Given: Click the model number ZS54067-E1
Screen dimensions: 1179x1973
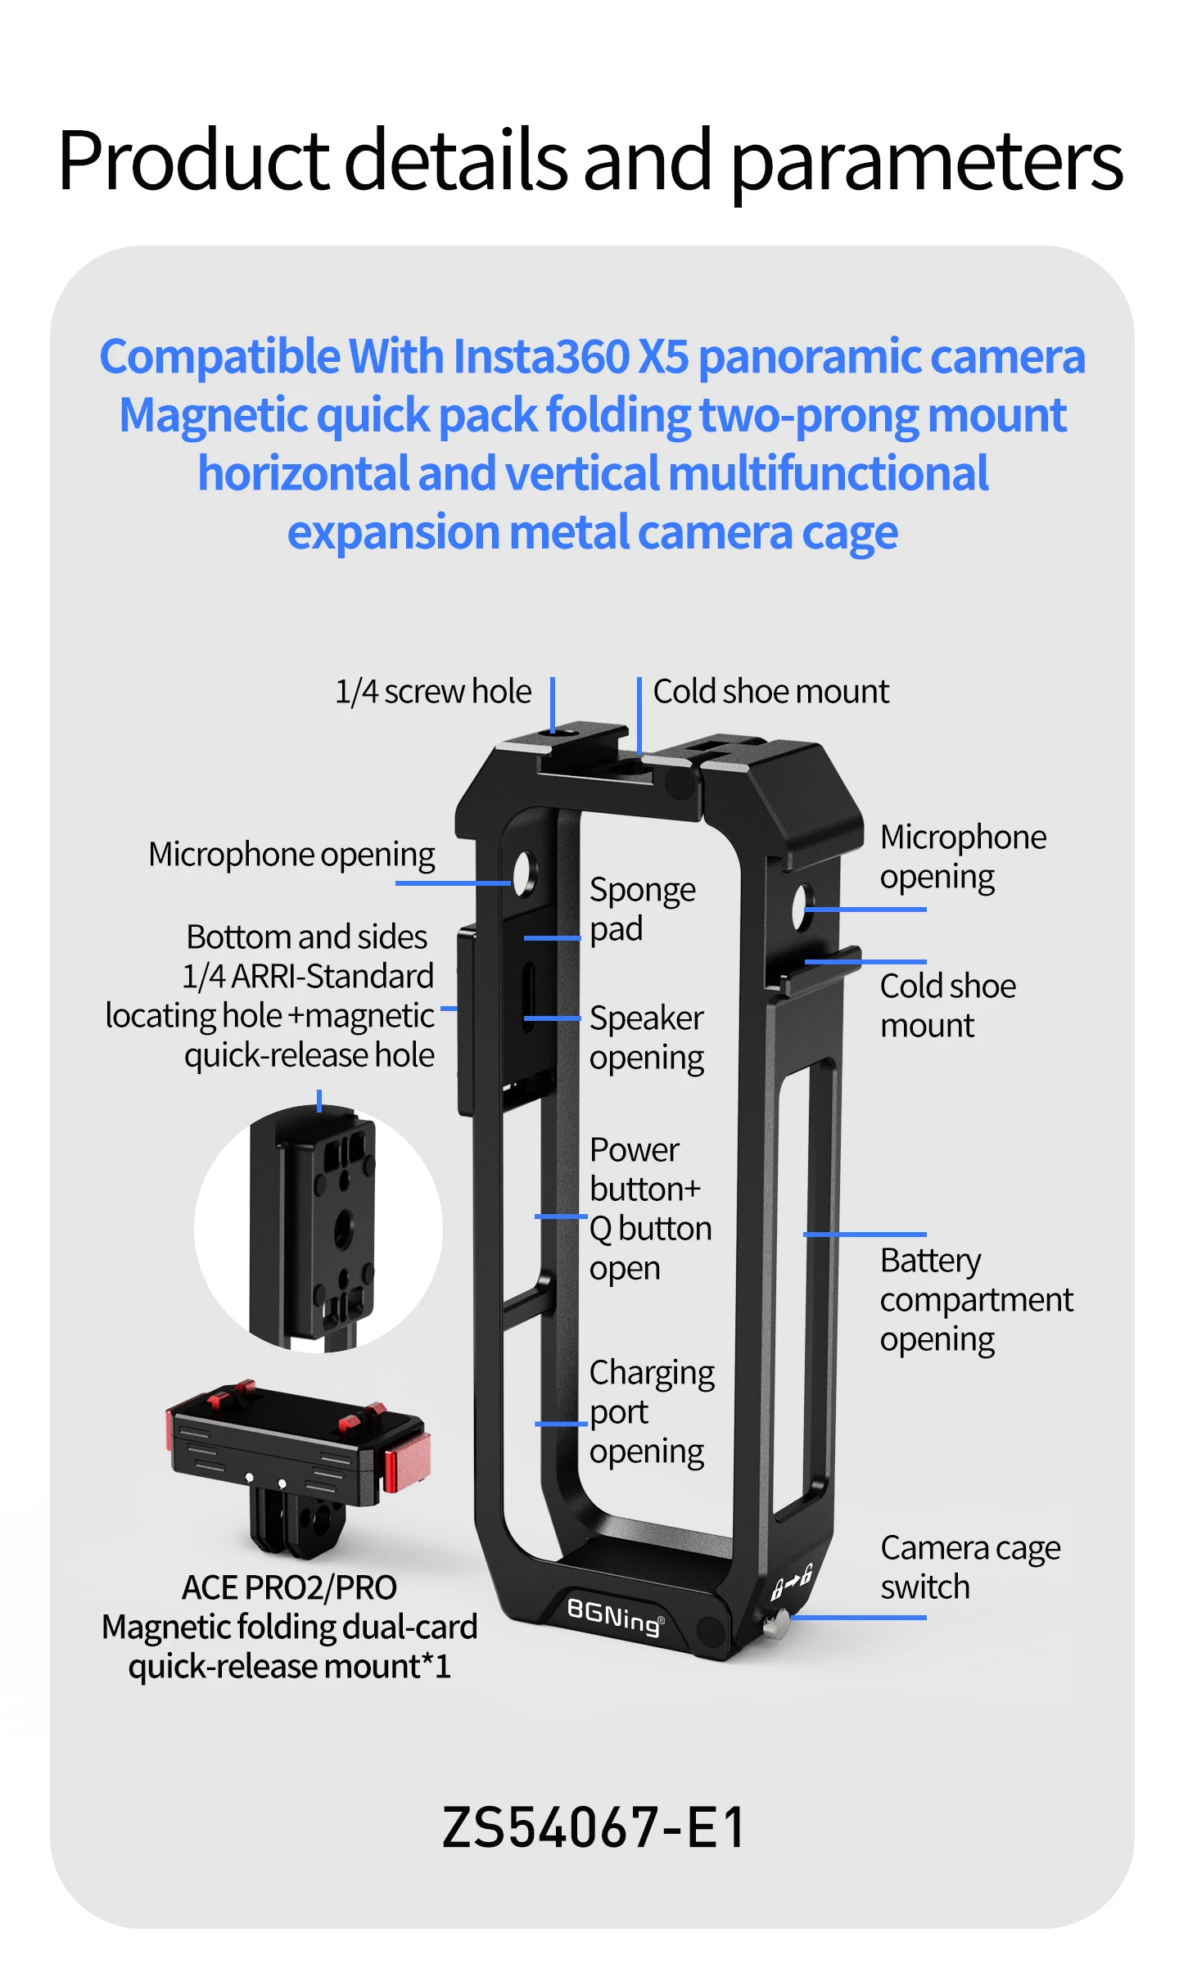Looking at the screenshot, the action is point(594,1828).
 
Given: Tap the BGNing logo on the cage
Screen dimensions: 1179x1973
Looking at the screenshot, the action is point(615,1616).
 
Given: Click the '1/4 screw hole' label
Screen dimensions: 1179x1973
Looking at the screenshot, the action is point(433,692).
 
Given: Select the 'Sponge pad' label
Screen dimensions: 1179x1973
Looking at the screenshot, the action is point(643,910).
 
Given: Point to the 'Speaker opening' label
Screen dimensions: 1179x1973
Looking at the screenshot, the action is point(647,1038).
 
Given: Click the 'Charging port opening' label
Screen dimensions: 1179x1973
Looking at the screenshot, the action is point(652,1412).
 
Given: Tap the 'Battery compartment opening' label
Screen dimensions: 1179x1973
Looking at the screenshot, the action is point(976,1300).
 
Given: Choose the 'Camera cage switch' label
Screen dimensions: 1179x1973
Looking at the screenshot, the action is point(970,1568).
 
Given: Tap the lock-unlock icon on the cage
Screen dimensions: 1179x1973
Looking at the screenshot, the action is point(792,1582).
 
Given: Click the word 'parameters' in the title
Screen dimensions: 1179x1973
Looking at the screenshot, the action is point(926,163).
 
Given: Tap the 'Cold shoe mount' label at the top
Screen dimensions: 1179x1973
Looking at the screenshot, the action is point(770,692).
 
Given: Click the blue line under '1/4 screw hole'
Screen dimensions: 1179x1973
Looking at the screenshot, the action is point(553,705).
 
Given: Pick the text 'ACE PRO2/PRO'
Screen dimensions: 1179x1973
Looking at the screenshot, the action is point(289,1587).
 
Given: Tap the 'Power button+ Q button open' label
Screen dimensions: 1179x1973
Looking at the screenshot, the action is point(650,1209).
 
